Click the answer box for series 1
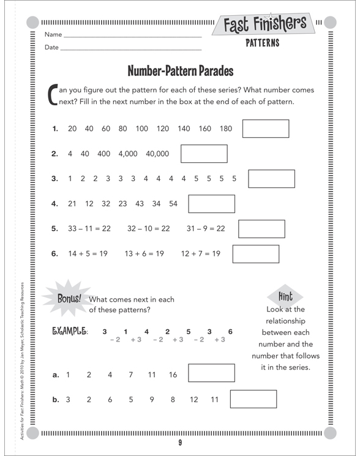pos(266,129)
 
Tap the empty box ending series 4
pos(211,204)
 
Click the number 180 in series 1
pos(225,129)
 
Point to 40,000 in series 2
pos(157,154)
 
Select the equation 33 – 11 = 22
pos(89,228)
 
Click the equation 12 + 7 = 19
pos(200,253)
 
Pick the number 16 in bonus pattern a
pos(173,375)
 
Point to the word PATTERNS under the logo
pos(262,43)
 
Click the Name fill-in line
pos(132,38)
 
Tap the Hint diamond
pos(286,296)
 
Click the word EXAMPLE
pos(71,332)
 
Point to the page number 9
pos(181,443)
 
